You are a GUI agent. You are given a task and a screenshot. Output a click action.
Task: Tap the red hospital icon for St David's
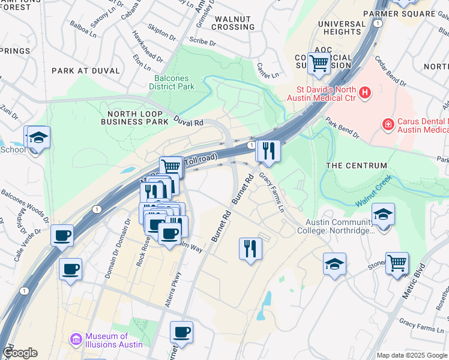click(365, 92)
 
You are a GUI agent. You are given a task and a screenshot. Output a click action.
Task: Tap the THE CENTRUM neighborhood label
click(356, 166)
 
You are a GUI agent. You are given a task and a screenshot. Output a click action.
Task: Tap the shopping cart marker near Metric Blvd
click(397, 263)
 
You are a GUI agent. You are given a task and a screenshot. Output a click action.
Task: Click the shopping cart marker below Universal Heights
click(319, 62)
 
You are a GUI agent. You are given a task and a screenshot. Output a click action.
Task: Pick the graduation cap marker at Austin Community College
click(382, 215)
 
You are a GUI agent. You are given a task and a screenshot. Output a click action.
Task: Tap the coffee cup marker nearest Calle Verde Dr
click(62, 235)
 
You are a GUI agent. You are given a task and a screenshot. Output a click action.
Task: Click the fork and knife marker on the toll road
click(268, 151)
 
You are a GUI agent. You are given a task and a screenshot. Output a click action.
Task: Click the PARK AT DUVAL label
click(86, 71)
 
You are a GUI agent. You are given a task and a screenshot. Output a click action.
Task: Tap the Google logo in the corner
click(20, 353)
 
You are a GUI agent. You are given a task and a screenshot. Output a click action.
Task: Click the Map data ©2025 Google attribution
click(411, 355)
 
